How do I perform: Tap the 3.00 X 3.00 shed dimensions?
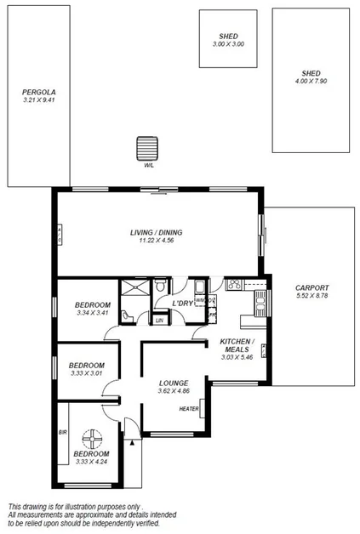pos(228,43)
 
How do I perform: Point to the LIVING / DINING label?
pos(156,232)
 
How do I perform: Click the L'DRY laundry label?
pos(182,304)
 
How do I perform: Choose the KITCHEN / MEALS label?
pos(234,344)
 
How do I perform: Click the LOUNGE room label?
pos(173,383)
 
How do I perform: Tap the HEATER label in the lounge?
pos(189,409)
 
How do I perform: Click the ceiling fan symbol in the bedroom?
pos(91,440)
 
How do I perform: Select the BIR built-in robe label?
pos(62,432)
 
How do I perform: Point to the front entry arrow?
pos(133,441)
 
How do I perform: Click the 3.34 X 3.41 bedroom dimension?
pos(92,314)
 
